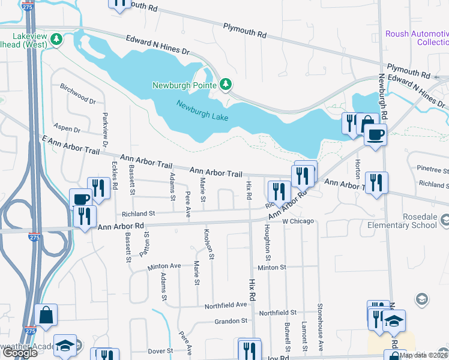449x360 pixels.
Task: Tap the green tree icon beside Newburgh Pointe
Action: coord(226,85)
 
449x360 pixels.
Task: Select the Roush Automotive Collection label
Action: coord(417,38)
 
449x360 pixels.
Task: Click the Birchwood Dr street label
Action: coord(77,93)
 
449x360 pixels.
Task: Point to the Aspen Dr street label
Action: coord(67,129)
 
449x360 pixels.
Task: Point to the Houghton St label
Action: coord(267,240)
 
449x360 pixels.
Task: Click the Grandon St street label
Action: coord(232,322)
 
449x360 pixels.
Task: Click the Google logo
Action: coord(19,353)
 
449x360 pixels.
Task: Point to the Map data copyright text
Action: coord(423,355)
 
